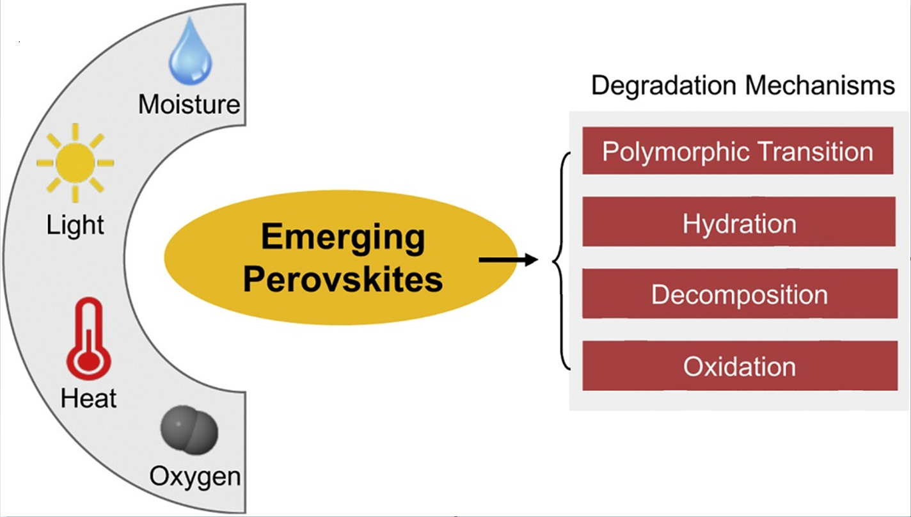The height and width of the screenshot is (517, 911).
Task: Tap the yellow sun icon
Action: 75,163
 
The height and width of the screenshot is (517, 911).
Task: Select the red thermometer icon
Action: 89,338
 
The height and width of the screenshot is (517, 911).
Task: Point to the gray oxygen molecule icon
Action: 189,430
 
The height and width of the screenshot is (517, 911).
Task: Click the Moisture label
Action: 189,104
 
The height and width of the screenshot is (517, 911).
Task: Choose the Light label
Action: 75,225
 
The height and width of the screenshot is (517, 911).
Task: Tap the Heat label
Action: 88,397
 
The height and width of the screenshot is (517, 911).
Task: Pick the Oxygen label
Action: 195,476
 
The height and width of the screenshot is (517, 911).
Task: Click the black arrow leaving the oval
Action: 509,260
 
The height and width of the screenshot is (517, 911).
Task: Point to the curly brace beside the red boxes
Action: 561,260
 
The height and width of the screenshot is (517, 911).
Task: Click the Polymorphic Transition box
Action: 738,150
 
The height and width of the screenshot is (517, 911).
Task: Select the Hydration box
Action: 739,221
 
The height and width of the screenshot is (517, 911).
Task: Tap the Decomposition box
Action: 740,293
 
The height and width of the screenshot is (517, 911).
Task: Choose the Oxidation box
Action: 740,366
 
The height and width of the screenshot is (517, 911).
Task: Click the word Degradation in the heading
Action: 663,86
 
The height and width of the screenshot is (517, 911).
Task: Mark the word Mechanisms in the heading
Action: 820,86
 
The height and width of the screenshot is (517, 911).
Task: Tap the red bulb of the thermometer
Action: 89,361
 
